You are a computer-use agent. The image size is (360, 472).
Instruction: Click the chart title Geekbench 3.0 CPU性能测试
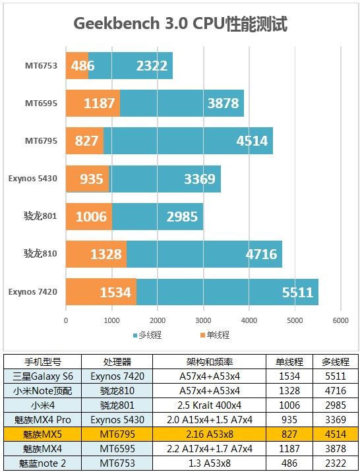[180, 24]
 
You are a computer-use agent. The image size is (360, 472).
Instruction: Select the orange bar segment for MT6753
[77, 66]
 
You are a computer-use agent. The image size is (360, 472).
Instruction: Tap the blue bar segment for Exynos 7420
[227, 292]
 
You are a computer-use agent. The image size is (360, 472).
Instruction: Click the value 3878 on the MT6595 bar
[223, 103]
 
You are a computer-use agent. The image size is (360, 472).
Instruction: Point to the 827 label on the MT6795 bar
[86, 141]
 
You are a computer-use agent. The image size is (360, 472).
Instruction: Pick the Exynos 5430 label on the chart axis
[32, 179]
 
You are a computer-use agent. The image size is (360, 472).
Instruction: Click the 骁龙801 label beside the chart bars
[40, 216]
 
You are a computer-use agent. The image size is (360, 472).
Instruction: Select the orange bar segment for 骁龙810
[96, 254]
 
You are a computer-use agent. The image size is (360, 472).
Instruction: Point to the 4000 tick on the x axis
[249, 320]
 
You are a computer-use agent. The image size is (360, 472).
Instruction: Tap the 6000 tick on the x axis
[340, 320]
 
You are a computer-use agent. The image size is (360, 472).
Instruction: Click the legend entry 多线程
[147, 335]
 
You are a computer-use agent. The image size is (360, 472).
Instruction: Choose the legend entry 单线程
[215, 335]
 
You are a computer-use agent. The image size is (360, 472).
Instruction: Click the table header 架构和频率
[210, 362]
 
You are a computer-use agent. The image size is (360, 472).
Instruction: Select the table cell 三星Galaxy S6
[43, 376]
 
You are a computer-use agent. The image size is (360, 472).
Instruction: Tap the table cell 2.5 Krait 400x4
[210, 405]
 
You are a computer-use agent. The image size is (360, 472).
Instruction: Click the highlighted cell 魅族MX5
[42, 434]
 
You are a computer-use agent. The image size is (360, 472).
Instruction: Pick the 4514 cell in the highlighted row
[336, 434]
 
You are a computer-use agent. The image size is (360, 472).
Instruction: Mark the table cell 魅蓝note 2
[42, 463]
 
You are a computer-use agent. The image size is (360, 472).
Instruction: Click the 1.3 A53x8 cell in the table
[210, 463]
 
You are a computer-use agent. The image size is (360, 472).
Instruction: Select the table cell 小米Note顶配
[43, 391]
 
